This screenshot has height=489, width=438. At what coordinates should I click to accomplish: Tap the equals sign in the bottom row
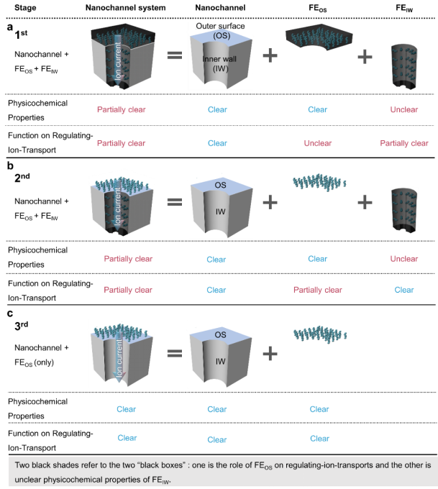pos(174,353)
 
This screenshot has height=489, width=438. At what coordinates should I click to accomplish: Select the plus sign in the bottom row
pos(270,353)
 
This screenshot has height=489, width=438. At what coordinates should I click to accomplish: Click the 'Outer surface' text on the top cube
pos(220,27)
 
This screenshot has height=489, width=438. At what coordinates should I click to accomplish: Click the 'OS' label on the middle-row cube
pos(221,186)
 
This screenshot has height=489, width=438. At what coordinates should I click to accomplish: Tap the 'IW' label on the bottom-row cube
pos(221,361)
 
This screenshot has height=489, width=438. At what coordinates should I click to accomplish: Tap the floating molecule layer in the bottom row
pos(319,334)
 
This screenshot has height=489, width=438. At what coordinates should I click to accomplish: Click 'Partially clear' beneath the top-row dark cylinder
pos(404,144)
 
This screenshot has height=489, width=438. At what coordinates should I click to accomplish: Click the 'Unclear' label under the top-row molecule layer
pos(318,144)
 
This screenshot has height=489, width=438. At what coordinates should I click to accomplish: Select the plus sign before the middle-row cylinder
pos(365,202)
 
